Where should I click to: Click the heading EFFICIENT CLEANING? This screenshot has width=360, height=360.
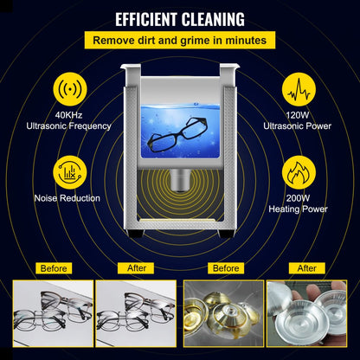click(180, 19)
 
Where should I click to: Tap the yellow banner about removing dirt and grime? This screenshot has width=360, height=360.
click(180, 40)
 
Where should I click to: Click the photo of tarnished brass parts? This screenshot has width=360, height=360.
click(224, 313)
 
